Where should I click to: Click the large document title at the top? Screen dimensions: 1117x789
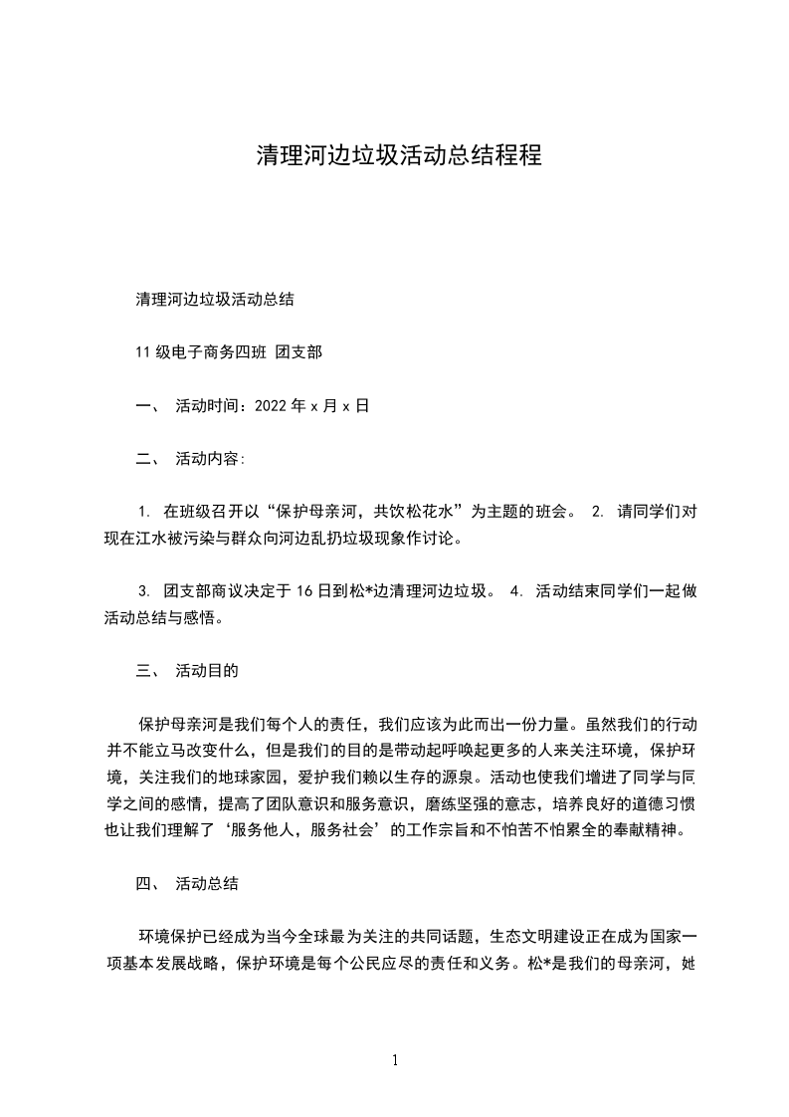pyautogui.click(x=399, y=156)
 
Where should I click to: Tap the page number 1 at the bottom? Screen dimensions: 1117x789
pyautogui.click(x=395, y=1060)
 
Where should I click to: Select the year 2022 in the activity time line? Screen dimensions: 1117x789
pyautogui.click(x=271, y=406)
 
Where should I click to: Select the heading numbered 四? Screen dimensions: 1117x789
pyautogui.click(x=145, y=883)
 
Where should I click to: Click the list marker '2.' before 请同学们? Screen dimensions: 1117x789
pyautogui.click(x=597, y=513)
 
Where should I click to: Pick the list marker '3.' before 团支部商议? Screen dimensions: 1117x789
pyautogui.click(x=144, y=591)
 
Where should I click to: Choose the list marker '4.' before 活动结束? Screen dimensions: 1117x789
pyautogui.click(x=515, y=591)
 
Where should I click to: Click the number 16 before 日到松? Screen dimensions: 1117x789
pyautogui.click(x=305, y=591)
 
